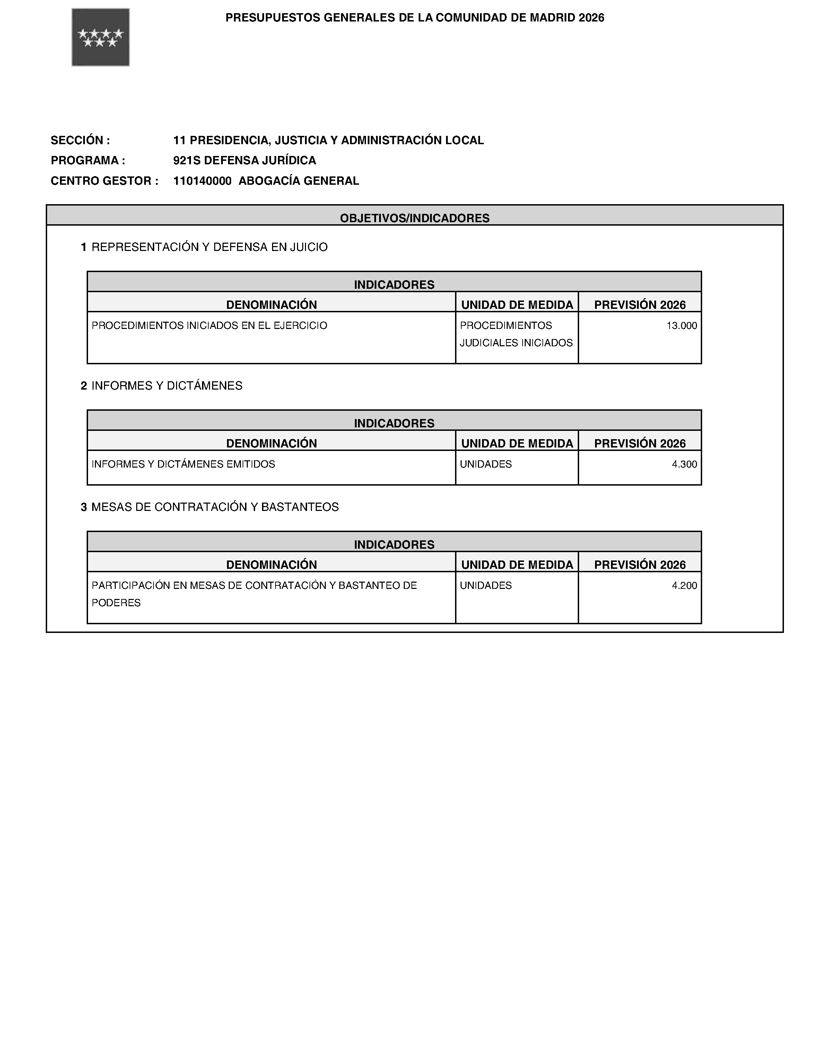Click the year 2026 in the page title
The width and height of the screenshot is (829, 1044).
coord(591,18)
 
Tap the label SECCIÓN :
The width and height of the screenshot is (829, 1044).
coord(80,140)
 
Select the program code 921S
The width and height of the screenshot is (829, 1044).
coord(187,160)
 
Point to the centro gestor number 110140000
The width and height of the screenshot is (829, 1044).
coord(202,181)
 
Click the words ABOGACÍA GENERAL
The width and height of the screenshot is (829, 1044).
coord(299,181)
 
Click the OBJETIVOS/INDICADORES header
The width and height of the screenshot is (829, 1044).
coord(414,218)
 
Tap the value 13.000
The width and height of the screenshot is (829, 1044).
coord(681,326)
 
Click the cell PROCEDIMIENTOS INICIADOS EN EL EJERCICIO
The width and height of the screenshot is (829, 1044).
coord(209,326)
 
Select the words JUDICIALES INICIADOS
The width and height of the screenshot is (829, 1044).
coord(516,343)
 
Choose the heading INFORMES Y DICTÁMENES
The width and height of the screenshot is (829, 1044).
coord(167,386)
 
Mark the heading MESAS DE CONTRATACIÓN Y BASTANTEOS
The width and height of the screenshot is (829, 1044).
coord(215,507)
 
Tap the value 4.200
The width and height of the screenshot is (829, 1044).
coord(684,585)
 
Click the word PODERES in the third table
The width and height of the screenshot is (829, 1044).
coord(116,603)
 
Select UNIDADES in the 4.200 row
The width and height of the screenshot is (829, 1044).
coord(486,585)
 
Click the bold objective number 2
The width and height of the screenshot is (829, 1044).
coord(84,386)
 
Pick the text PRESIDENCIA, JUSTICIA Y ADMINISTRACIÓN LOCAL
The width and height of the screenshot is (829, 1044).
coord(337,140)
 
